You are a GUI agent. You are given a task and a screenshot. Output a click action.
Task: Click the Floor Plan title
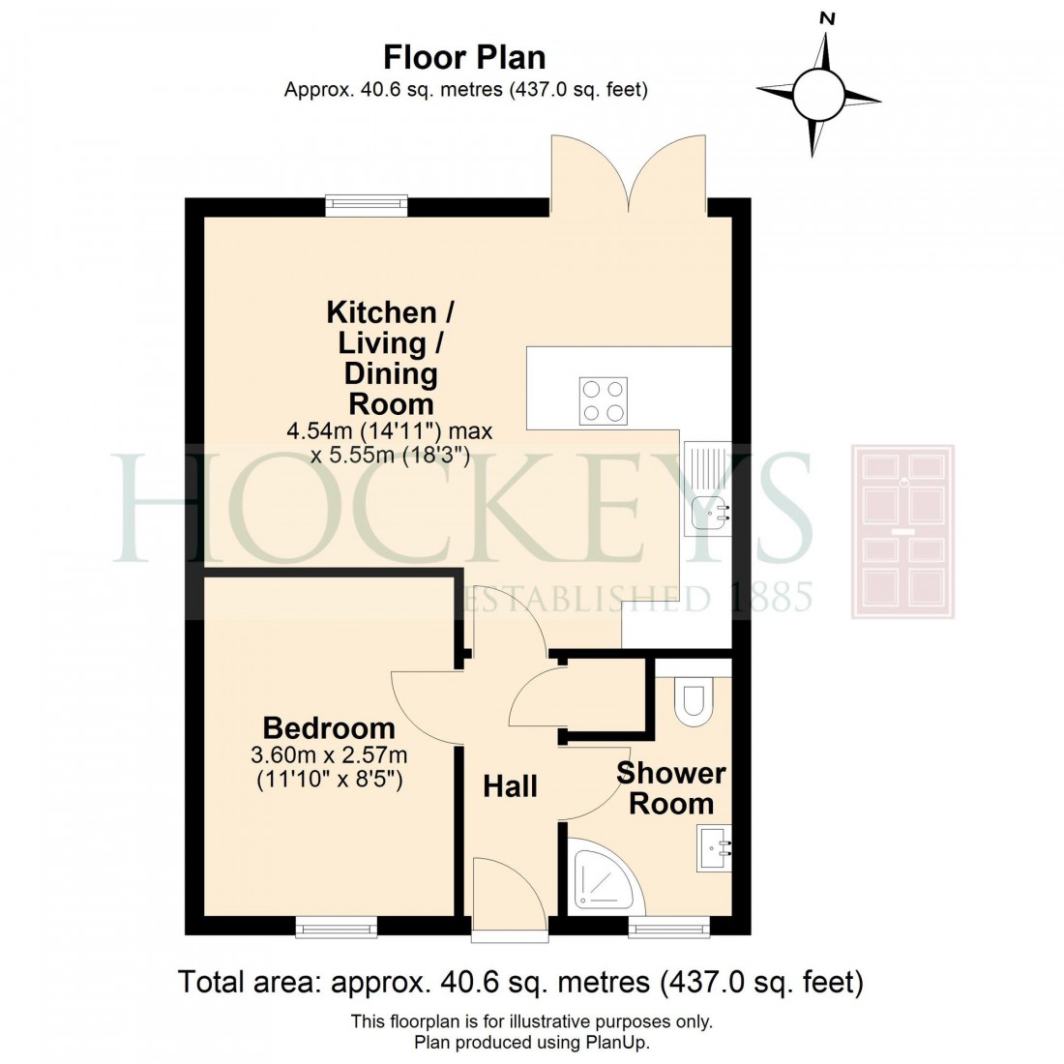tap(465, 57)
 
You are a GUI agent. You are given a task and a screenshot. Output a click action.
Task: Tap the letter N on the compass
tap(826, 18)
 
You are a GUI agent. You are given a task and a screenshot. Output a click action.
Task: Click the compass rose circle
tap(819, 94)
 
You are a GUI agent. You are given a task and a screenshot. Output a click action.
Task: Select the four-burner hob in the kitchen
tap(603, 400)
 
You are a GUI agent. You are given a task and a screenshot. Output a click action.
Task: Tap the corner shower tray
tap(603, 874)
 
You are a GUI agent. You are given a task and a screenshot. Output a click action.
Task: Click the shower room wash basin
tap(714, 848)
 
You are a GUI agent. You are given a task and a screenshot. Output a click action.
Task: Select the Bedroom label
tap(329, 727)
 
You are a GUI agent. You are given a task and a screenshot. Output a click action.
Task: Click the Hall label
tap(510, 786)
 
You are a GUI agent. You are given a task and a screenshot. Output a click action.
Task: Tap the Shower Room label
tap(671, 787)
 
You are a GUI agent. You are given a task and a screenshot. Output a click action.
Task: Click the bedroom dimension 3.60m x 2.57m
tap(329, 754)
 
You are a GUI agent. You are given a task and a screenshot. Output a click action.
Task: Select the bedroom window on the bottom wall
tap(336, 928)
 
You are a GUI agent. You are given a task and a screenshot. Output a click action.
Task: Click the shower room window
tap(668, 928)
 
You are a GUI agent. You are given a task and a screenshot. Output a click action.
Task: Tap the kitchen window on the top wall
tap(366, 205)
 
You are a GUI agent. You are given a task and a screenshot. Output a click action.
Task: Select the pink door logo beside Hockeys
tap(902, 531)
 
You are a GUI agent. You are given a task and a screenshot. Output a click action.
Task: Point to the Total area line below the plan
tap(520, 983)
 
